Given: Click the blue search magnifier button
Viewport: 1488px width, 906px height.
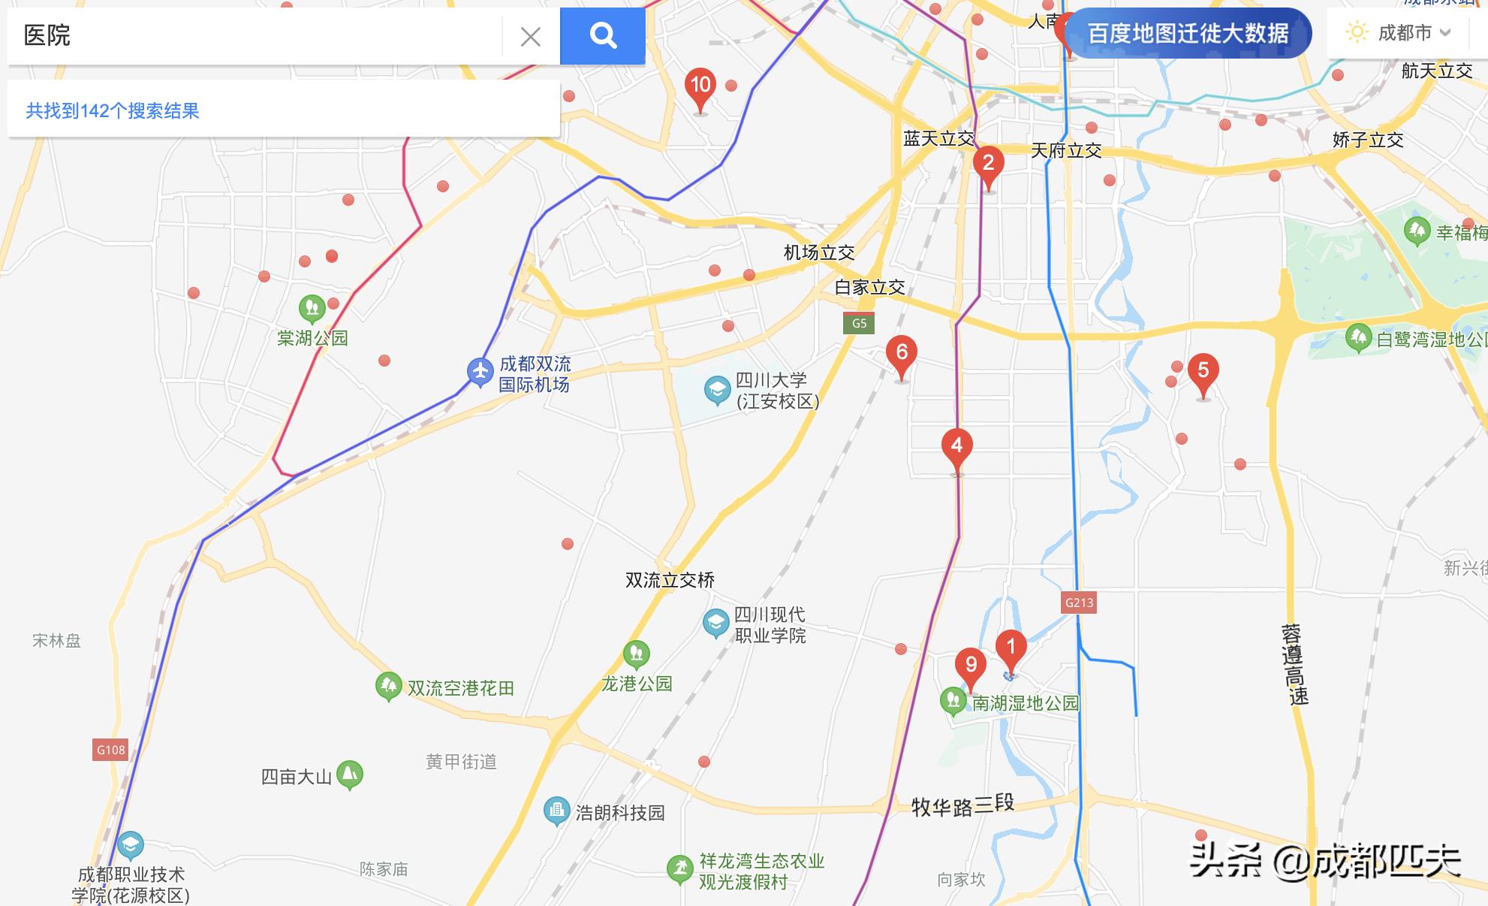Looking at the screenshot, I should point(602,35).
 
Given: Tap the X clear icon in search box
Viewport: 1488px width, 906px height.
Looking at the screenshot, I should point(530,36).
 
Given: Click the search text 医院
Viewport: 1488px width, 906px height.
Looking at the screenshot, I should point(47,35).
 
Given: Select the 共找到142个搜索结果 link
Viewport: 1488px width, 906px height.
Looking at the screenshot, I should point(113,111).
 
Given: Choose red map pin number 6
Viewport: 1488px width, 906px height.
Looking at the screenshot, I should point(902,354).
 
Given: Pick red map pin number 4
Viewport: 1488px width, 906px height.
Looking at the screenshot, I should point(956,447).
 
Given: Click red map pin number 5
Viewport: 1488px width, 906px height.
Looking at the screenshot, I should point(1203,372).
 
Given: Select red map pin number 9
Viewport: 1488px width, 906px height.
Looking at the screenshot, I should point(971,666).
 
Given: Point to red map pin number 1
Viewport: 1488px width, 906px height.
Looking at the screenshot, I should point(1011,648).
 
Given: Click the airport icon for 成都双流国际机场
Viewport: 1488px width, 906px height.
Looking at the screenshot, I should point(480,371).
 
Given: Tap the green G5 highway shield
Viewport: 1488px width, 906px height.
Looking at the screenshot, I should point(859,324).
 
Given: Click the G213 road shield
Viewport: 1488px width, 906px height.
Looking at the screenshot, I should point(1079,602).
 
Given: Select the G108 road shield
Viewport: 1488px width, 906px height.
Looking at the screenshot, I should point(110,750).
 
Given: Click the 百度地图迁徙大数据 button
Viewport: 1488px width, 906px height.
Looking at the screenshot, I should point(1188,34).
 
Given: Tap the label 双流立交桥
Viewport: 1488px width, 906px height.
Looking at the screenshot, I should point(670,580).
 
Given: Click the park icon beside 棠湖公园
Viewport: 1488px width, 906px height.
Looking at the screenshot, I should point(312,307).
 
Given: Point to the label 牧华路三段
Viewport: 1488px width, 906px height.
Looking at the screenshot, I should point(962,805).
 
